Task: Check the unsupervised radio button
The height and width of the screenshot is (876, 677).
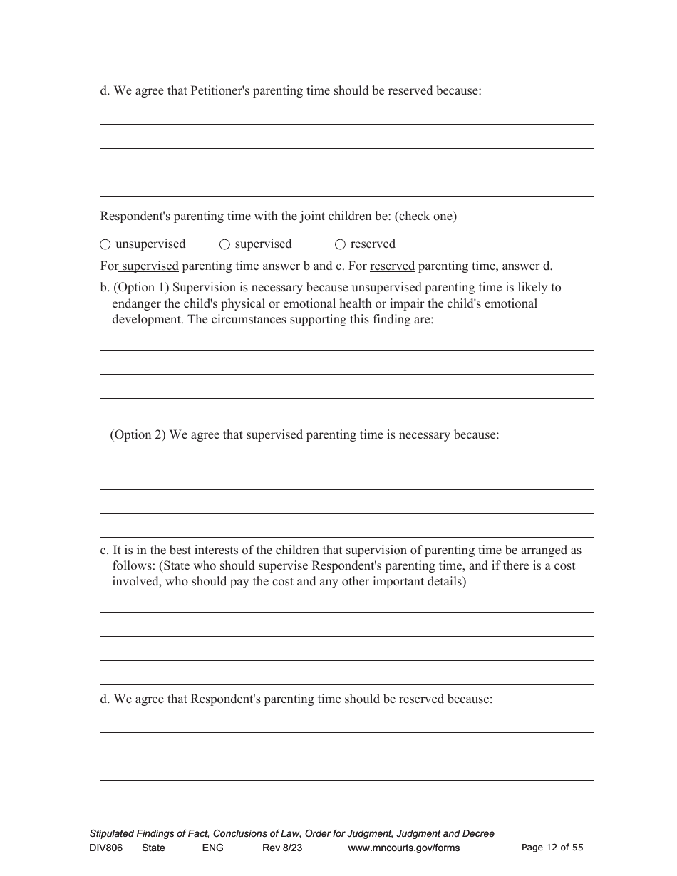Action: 105,244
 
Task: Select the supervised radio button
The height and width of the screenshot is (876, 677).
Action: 224,244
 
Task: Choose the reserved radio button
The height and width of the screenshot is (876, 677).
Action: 340,244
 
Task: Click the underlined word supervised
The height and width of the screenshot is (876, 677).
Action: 150,266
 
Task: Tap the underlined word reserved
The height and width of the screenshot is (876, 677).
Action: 392,266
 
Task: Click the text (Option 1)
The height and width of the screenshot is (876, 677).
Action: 141,288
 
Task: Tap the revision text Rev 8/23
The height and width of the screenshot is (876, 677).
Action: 282,848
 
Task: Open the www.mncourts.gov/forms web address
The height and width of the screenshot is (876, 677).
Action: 404,848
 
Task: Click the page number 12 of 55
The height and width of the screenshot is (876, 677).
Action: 552,848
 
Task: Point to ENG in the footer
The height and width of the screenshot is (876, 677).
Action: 213,848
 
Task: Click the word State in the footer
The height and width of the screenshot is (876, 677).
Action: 153,848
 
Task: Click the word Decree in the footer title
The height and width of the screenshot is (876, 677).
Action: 477,833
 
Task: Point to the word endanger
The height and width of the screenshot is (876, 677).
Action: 136,304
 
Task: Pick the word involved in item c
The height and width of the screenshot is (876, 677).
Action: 134,582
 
